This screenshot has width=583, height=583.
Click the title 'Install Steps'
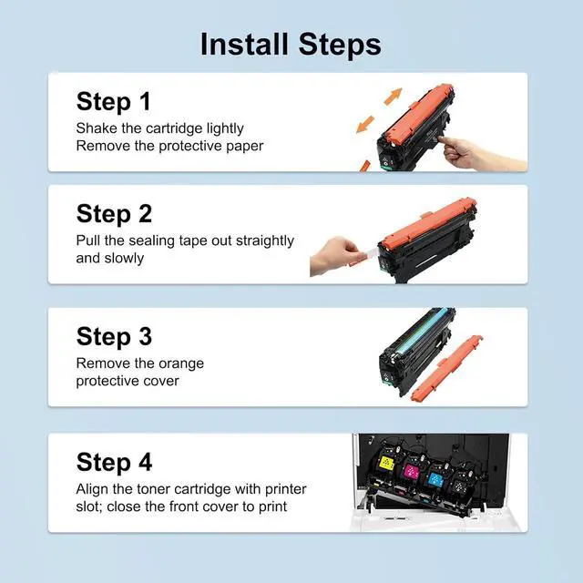[x=291, y=44]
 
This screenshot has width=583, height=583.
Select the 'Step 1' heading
[x=113, y=101]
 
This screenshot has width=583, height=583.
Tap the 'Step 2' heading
[x=114, y=214]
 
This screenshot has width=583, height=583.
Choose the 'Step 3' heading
[x=114, y=336]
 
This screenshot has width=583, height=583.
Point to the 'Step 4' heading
[x=114, y=461]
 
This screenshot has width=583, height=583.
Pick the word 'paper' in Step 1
[x=244, y=146]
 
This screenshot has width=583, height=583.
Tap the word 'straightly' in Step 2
[x=261, y=241]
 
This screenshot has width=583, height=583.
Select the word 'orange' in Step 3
[x=179, y=363]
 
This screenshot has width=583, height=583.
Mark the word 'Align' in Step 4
[x=93, y=489]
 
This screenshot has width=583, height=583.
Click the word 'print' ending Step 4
[x=270, y=506]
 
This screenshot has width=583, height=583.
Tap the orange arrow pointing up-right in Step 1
[x=392, y=97]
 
